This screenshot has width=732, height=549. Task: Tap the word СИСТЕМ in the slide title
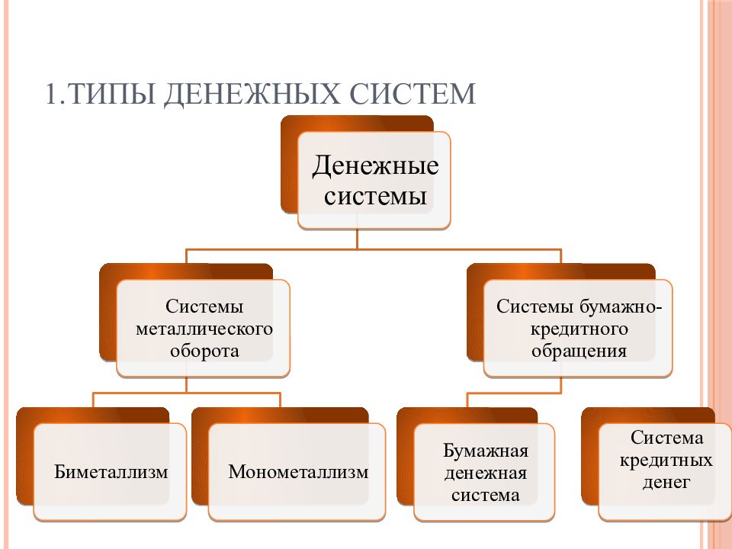tap(413, 93)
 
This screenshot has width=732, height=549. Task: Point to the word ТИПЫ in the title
tap(113, 93)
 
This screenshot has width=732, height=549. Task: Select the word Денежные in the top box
tap(375, 165)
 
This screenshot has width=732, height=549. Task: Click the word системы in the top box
tap(375, 196)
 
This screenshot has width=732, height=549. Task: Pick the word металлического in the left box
tap(204, 329)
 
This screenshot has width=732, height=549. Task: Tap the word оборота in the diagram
tap(204, 351)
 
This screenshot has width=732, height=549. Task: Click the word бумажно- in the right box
tap(621, 307)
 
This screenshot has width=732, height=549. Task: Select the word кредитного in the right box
tap(579, 329)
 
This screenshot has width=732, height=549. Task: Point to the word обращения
tap(579, 351)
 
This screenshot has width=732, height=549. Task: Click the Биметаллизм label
tap(111, 472)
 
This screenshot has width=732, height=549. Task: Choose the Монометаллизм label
tap(298, 472)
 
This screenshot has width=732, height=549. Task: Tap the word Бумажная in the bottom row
tap(486, 451)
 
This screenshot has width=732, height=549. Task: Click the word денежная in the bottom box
tap(486, 474)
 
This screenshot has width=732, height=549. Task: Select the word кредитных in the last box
tap(666, 461)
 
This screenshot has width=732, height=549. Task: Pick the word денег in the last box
tap(666, 482)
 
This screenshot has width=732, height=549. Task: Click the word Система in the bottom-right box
tap(666, 438)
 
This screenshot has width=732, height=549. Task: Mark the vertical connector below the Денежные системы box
tap(357, 239)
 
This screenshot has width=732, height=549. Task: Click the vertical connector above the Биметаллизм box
tap(93, 400)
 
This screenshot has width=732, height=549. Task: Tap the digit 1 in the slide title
tap(52, 93)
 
